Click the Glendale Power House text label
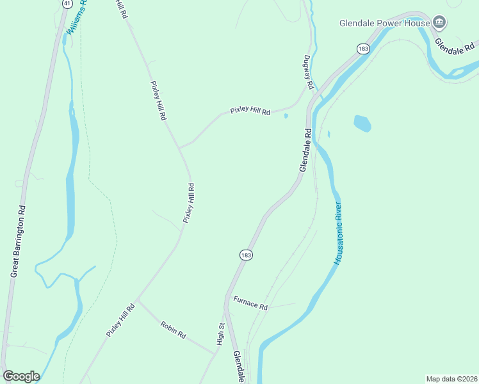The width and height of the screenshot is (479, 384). (384, 23)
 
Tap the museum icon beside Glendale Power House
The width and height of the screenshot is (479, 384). (439, 23)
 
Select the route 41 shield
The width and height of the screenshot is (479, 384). (67, 3)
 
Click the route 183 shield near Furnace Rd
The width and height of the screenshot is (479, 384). (247, 255)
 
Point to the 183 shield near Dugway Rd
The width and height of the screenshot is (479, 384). (363, 49)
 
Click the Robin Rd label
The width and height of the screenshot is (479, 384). (174, 330)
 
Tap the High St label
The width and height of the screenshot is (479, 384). (220, 334)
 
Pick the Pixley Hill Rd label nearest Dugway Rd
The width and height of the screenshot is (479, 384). (250, 111)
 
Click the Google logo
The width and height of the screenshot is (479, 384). (21, 376)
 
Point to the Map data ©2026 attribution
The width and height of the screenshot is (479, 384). (451, 378)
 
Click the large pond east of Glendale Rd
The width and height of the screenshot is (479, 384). (362, 123)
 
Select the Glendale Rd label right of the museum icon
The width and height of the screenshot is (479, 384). (456, 46)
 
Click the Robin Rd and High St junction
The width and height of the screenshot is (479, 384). (216, 353)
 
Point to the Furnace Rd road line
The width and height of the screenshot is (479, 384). (282, 306)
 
